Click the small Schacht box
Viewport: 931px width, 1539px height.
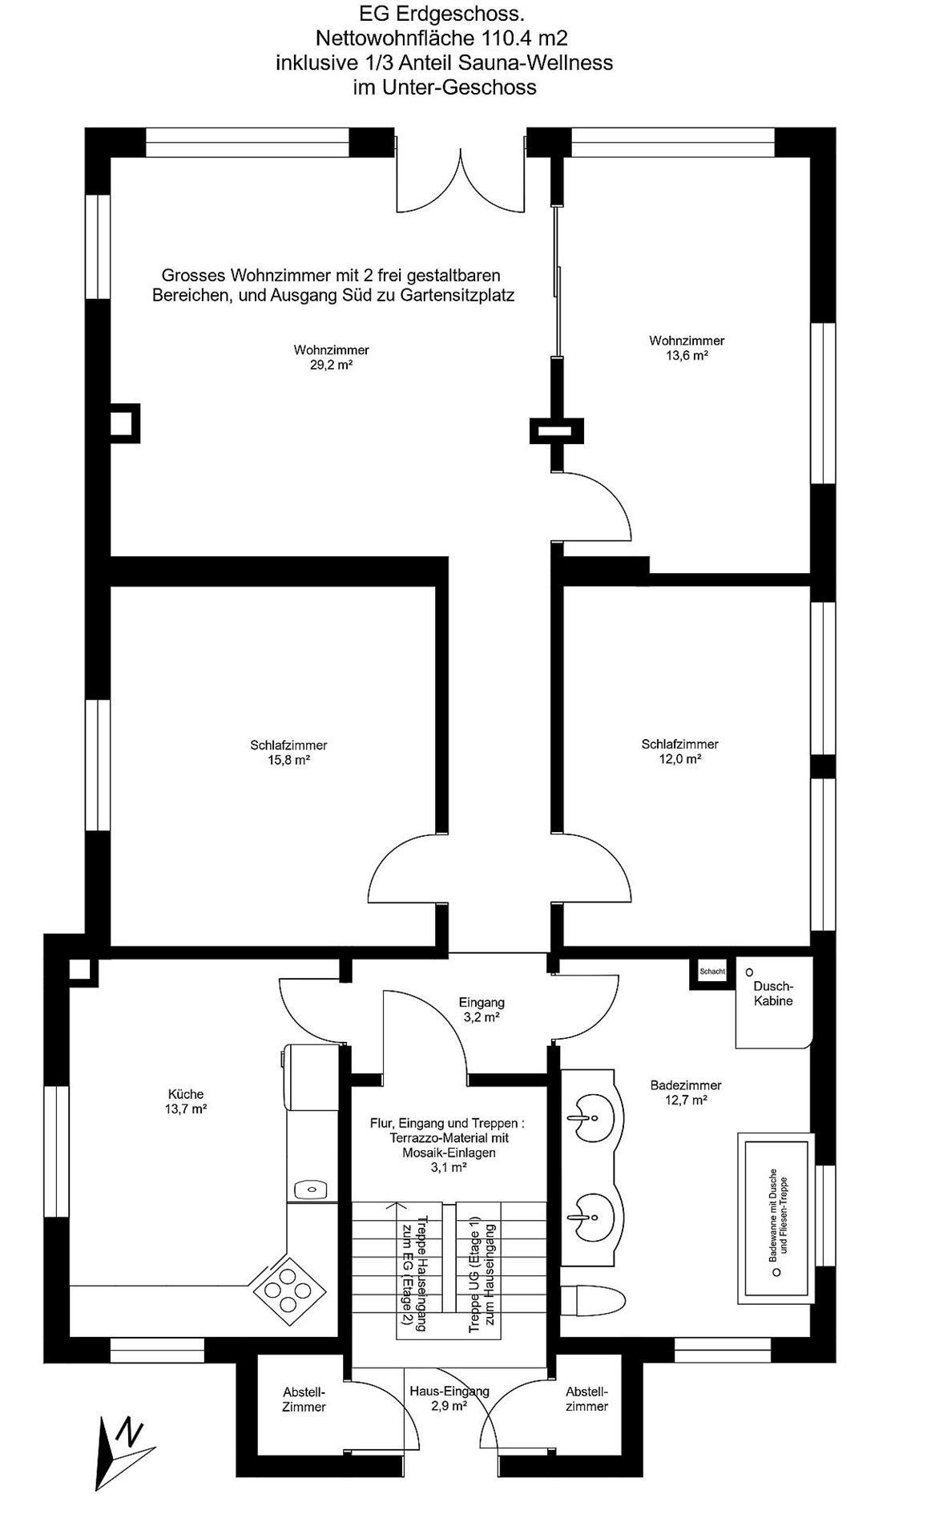point(712,971)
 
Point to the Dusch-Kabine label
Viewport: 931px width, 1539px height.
point(773,993)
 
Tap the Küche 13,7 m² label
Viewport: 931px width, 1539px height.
point(186,1101)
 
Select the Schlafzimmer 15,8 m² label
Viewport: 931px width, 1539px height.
point(288,753)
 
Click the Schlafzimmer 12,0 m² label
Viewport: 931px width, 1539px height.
point(680,751)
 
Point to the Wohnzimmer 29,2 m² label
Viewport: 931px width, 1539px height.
point(331,357)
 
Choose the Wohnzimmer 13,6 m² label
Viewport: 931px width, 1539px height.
point(687,348)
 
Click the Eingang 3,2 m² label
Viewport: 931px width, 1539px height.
point(482,1009)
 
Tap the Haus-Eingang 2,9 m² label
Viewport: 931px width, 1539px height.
point(449,1399)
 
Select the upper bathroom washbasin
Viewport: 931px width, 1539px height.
point(593,1115)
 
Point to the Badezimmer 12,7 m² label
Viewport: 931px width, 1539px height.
point(686,1093)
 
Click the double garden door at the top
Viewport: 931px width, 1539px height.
point(461,180)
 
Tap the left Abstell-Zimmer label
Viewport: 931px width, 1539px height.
point(304,1400)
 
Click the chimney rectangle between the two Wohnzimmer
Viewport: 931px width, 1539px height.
point(556,431)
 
